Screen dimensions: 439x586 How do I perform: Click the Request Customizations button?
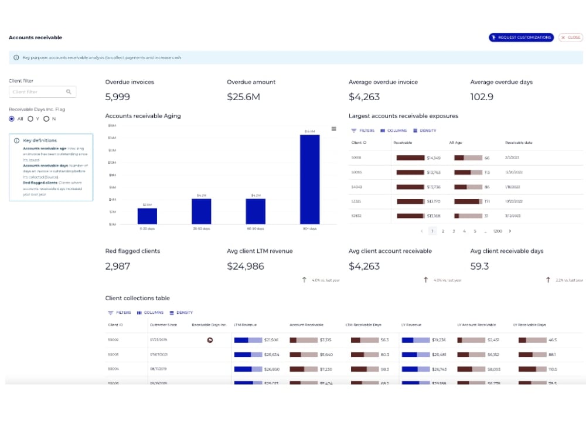(x=521, y=37)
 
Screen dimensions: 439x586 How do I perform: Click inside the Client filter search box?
(x=38, y=92)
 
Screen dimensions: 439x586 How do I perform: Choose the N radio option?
(x=46, y=119)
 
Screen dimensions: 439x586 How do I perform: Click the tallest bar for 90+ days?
(x=309, y=179)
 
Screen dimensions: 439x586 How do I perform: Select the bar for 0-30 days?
(x=147, y=216)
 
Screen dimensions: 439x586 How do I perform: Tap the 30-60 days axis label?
(x=201, y=229)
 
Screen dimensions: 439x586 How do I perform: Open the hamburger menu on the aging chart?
(x=334, y=129)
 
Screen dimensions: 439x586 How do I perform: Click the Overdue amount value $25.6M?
(x=243, y=97)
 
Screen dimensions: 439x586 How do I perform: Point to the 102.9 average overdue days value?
(x=482, y=97)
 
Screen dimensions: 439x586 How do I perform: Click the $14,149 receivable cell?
(x=434, y=158)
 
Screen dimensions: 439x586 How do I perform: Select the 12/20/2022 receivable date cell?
(x=514, y=173)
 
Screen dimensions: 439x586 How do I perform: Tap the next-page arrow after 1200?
(x=510, y=231)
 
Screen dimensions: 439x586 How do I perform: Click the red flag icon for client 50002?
(x=209, y=340)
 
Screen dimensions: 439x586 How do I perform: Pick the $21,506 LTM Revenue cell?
(x=271, y=340)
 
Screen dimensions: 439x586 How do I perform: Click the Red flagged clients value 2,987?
(x=118, y=266)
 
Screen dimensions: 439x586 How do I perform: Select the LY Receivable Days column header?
(x=529, y=325)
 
